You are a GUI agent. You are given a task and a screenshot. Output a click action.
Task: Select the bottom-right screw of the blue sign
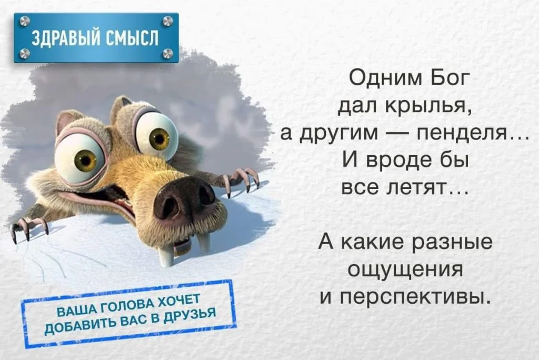pos(167,53)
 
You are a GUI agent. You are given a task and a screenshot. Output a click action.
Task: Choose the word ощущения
pos(406,270)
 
